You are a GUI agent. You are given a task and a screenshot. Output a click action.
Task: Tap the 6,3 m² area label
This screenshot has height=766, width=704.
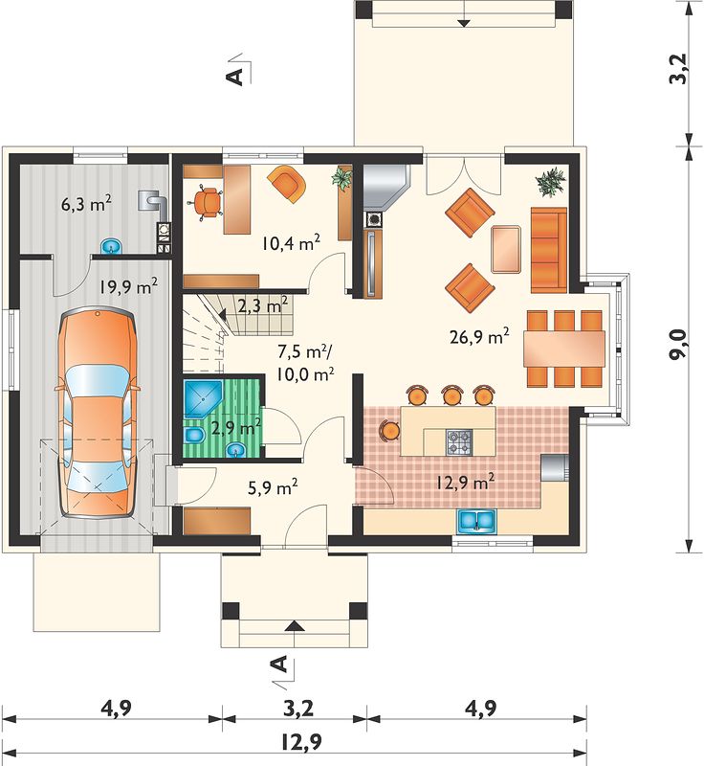(x=86, y=204)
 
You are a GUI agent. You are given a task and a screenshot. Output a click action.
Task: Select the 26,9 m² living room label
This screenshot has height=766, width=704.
(x=479, y=337)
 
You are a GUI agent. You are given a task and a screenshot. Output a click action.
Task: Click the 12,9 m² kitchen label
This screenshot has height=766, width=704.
(x=465, y=483)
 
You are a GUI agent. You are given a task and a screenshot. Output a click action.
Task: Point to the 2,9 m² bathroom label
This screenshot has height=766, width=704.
(x=236, y=428)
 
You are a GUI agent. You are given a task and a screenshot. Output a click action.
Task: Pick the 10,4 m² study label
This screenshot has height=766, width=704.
(x=291, y=243)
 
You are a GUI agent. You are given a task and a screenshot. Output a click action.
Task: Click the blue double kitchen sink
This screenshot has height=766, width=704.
(x=476, y=521)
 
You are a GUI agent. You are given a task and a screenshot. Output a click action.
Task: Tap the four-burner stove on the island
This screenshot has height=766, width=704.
(x=459, y=441)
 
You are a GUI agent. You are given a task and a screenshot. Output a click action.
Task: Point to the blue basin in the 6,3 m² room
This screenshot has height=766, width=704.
(x=113, y=247)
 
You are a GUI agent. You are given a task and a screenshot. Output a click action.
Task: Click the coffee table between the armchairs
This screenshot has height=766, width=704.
(x=506, y=249)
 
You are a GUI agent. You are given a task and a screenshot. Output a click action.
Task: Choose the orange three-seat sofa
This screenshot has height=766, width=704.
(x=549, y=250)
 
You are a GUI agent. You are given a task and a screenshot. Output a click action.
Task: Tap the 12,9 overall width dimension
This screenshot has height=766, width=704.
(x=300, y=742)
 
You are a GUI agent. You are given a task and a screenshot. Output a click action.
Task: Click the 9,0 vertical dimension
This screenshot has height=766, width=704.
(x=678, y=345)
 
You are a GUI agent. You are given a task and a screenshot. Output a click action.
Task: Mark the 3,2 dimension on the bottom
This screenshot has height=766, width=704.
(x=298, y=708)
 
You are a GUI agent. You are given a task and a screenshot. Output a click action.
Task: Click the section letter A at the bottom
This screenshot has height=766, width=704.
(x=278, y=665)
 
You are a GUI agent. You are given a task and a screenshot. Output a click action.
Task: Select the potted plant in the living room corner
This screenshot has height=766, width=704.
(x=551, y=182)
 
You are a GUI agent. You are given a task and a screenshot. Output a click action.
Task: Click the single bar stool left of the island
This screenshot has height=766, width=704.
(x=390, y=430)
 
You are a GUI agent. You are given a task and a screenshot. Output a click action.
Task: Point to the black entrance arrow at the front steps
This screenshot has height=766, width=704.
(x=294, y=626)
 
